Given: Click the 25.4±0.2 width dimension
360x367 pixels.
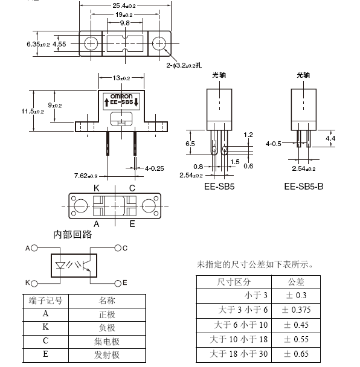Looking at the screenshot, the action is [124, 5].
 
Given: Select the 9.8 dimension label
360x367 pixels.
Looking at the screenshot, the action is [125, 23].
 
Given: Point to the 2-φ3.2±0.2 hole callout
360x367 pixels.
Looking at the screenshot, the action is [184, 65].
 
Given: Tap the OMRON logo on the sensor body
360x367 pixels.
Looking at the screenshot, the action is [121, 96].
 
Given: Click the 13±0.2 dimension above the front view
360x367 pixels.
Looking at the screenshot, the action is [121, 78].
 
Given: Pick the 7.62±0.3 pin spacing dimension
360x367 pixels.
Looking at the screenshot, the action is [86, 176].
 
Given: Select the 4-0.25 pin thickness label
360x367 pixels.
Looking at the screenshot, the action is [155, 168].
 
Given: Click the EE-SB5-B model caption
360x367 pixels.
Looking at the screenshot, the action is [304, 187].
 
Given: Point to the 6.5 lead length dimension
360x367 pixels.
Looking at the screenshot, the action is [190, 144].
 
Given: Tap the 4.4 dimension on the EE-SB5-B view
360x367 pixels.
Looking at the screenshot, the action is [330, 138].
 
